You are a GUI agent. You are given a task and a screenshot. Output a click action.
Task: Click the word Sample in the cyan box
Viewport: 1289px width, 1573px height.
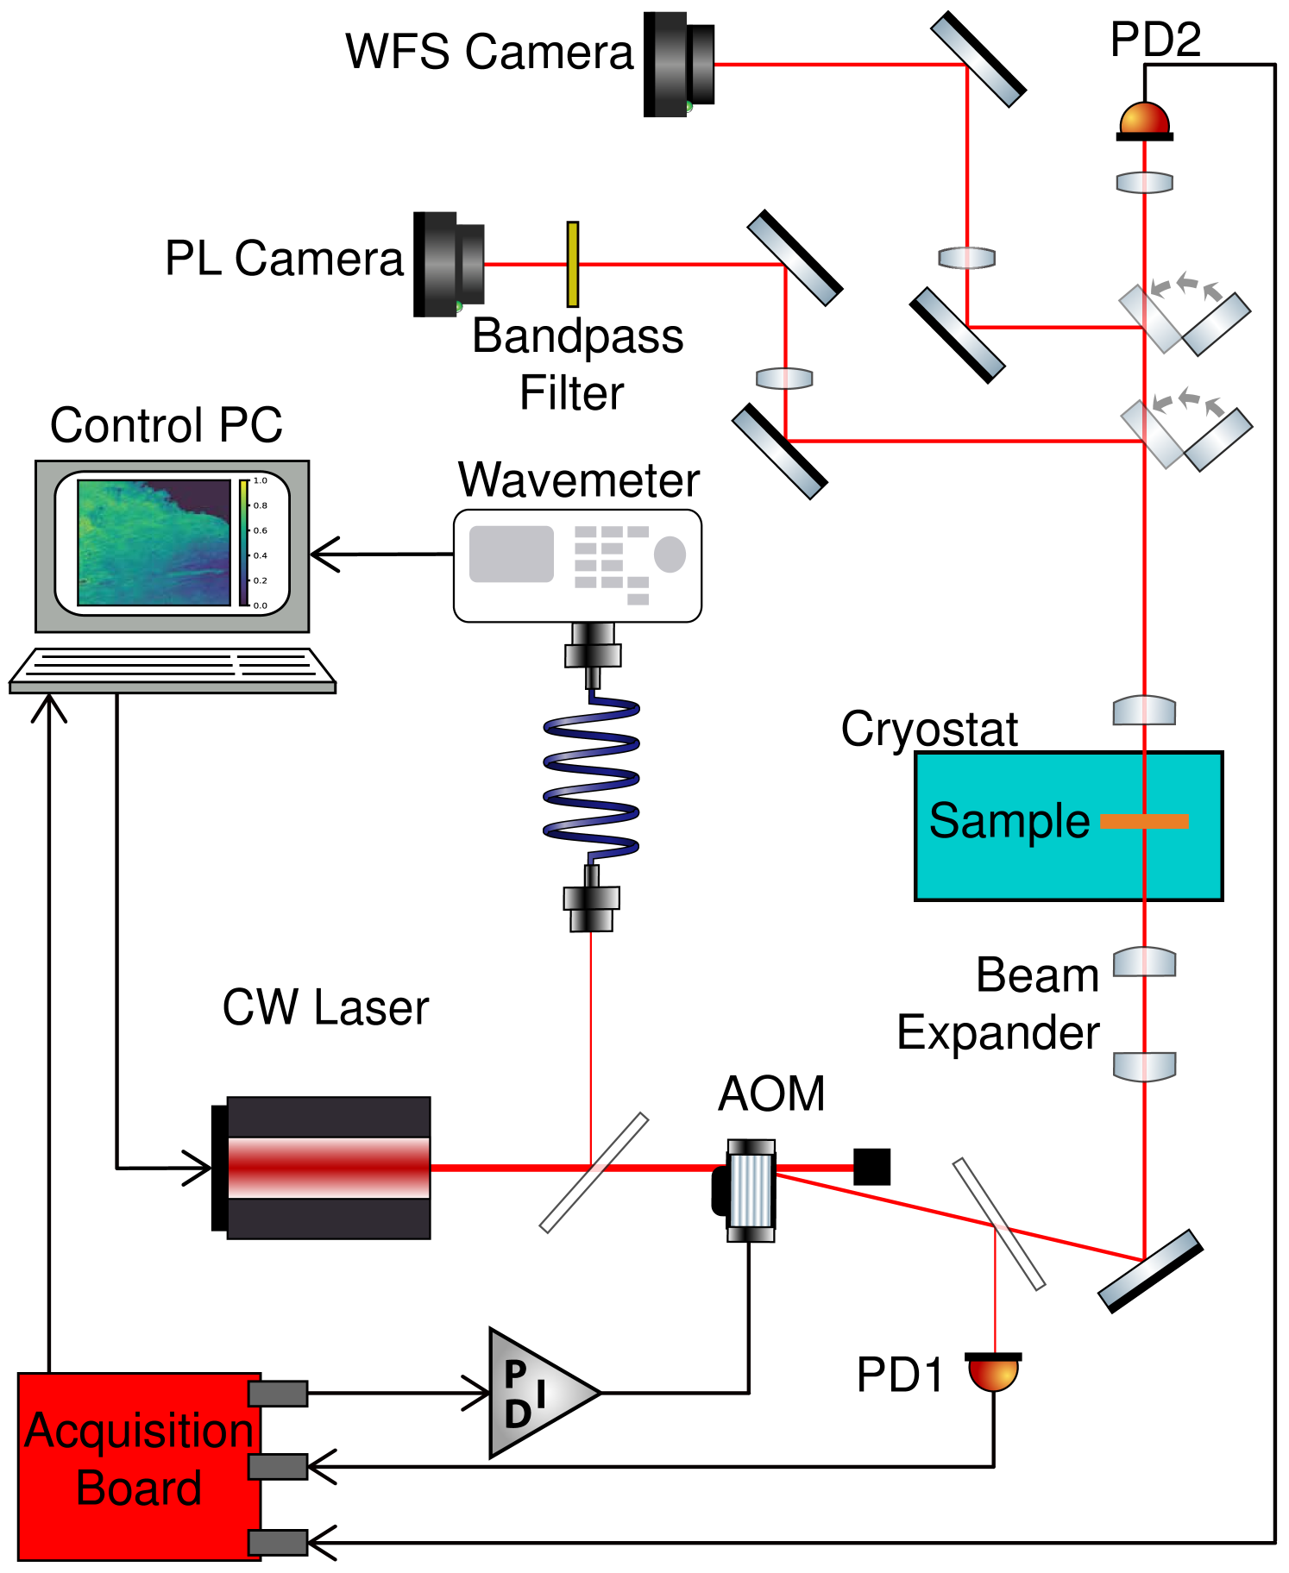1009,821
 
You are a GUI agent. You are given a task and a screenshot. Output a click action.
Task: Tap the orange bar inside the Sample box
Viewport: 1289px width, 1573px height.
1144,822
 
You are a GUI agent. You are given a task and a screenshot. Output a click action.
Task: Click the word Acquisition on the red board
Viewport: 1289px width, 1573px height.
139,1431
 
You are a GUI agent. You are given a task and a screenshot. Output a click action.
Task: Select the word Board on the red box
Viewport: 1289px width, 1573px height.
139,1488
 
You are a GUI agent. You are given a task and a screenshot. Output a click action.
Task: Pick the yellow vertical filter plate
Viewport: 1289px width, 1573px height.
573,264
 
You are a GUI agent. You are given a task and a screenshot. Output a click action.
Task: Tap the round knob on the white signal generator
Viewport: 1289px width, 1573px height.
670,555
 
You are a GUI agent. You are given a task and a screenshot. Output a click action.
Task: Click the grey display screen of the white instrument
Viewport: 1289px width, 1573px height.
511,554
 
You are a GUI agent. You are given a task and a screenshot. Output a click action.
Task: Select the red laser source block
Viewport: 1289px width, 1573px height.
329,1168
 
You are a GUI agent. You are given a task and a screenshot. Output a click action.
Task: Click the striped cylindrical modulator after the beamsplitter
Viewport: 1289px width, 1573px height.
751,1191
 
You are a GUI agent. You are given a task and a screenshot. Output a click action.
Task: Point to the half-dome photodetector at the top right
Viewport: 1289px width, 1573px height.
1144,119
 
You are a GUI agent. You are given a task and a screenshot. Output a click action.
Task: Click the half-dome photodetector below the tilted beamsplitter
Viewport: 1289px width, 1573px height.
993,1374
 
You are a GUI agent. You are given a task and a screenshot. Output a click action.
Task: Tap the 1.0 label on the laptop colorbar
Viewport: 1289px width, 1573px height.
260,480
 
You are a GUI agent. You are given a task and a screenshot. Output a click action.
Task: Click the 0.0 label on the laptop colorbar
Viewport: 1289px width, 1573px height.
260,605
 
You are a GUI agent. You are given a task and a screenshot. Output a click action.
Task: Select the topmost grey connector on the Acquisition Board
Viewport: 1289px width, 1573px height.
277,1394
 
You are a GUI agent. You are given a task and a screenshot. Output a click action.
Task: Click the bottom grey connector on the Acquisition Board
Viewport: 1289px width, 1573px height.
277,1543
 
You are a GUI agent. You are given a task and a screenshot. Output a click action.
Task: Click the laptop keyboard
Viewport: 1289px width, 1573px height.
173,667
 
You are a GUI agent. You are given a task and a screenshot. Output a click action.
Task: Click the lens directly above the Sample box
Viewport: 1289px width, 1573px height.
1144,711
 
